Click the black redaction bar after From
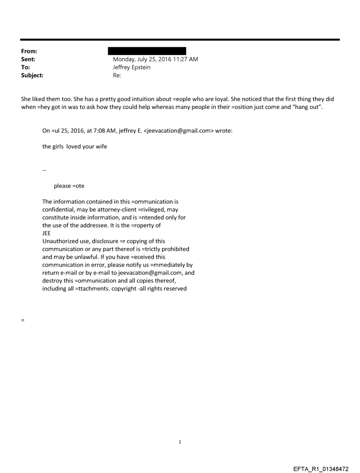point(149,51)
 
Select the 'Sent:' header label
point(28,59)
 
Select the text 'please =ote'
point(69,186)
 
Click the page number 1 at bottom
point(180,442)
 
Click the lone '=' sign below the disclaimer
point(22,320)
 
